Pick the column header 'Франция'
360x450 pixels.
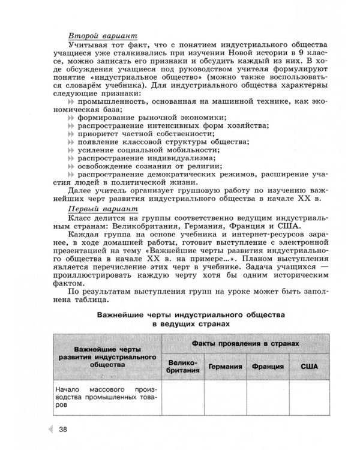click(x=268, y=367)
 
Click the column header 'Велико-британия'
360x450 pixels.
click(x=183, y=367)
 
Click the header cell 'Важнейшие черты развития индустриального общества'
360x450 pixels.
click(x=106, y=355)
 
